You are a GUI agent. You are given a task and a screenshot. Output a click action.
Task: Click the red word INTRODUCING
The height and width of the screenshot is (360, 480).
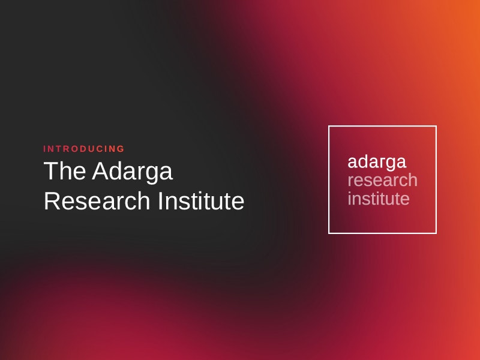(84, 149)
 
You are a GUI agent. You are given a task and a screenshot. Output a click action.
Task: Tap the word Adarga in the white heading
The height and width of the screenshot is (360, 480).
(132, 172)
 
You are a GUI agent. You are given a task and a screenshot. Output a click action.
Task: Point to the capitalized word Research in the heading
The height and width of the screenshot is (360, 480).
(97, 201)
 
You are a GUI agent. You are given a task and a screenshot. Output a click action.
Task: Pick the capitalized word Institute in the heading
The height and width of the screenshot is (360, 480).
(201, 201)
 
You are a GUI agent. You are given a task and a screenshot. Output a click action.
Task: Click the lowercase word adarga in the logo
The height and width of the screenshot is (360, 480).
(377, 162)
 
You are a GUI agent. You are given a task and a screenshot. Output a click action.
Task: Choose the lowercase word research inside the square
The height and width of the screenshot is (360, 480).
(382, 180)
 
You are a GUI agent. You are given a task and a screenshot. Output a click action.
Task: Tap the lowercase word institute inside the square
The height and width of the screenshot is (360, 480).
(379, 199)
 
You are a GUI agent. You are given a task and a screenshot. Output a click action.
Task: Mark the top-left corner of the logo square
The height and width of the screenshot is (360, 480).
(329, 126)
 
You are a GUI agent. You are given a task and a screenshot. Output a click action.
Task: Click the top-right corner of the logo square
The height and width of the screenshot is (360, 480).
(436, 126)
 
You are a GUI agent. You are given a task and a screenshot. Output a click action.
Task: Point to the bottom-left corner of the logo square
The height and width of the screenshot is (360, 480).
(329, 233)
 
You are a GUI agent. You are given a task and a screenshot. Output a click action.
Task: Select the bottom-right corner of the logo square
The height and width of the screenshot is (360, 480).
(436, 233)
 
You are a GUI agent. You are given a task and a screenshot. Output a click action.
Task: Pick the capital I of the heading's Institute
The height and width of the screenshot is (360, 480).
(160, 201)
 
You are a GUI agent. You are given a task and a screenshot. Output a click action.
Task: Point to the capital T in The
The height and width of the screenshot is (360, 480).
(51, 172)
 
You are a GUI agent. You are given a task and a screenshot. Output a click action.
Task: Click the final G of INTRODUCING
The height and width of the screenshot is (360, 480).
(121, 149)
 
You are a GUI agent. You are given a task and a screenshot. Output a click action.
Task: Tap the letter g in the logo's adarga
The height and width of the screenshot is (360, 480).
(389, 164)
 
